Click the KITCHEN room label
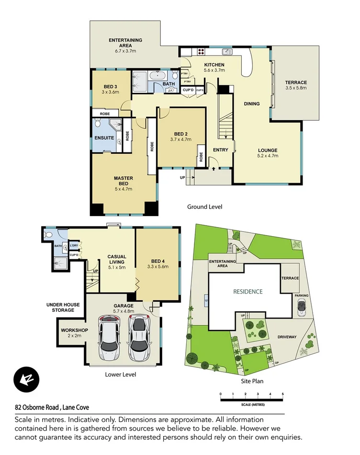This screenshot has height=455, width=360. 214,65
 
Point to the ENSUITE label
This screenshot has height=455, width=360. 104,137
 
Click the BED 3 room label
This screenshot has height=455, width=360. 111,87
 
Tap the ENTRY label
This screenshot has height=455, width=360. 221,150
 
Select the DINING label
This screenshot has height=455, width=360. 252,103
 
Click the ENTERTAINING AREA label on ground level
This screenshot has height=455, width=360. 125,43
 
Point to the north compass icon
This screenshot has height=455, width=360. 23,378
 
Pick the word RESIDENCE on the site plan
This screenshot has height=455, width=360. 247,291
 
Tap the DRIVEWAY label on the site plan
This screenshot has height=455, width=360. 287,337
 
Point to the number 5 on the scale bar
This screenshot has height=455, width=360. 283,394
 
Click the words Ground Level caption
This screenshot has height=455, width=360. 204,206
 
